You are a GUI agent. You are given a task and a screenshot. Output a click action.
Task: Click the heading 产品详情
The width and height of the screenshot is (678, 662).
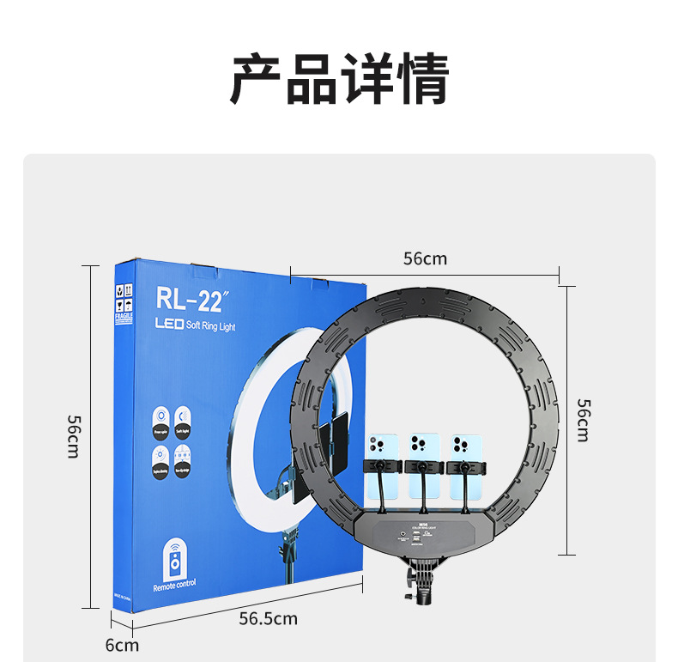click(x=339, y=79)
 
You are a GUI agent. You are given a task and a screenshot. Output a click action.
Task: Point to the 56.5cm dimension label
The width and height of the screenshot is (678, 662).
click(x=268, y=618)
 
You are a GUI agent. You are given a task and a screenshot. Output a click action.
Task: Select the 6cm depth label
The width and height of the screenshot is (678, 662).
click(x=122, y=644)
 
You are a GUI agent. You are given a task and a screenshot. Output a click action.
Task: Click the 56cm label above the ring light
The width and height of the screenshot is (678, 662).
click(x=425, y=258)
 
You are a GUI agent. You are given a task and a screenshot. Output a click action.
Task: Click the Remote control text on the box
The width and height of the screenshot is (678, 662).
click(x=174, y=585)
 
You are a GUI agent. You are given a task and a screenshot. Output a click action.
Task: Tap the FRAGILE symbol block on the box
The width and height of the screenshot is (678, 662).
click(x=124, y=302)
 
